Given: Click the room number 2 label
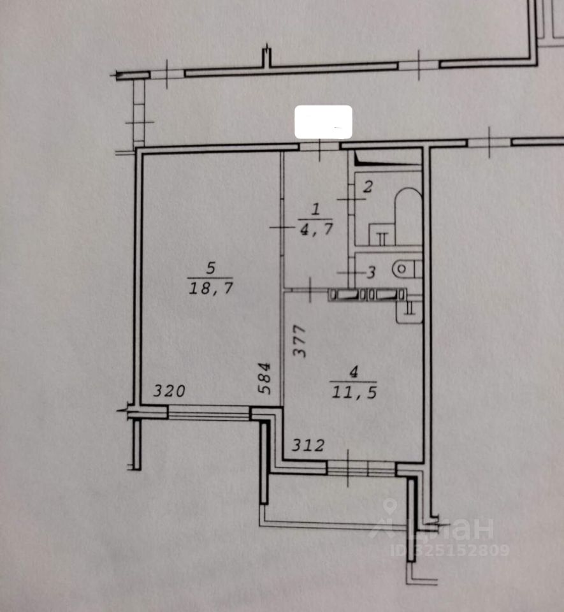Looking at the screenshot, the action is [x=368, y=187].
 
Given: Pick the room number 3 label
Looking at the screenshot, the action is [x=372, y=272].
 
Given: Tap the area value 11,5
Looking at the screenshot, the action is [x=354, y=391].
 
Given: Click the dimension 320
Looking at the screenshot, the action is [x=169, y=391].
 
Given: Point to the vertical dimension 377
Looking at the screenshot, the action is [x=300, y=341].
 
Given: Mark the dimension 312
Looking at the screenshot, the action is [x=308, y=446].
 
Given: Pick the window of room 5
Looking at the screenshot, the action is [x=208, y=414].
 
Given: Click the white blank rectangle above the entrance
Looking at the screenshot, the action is [x=323, y=122].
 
